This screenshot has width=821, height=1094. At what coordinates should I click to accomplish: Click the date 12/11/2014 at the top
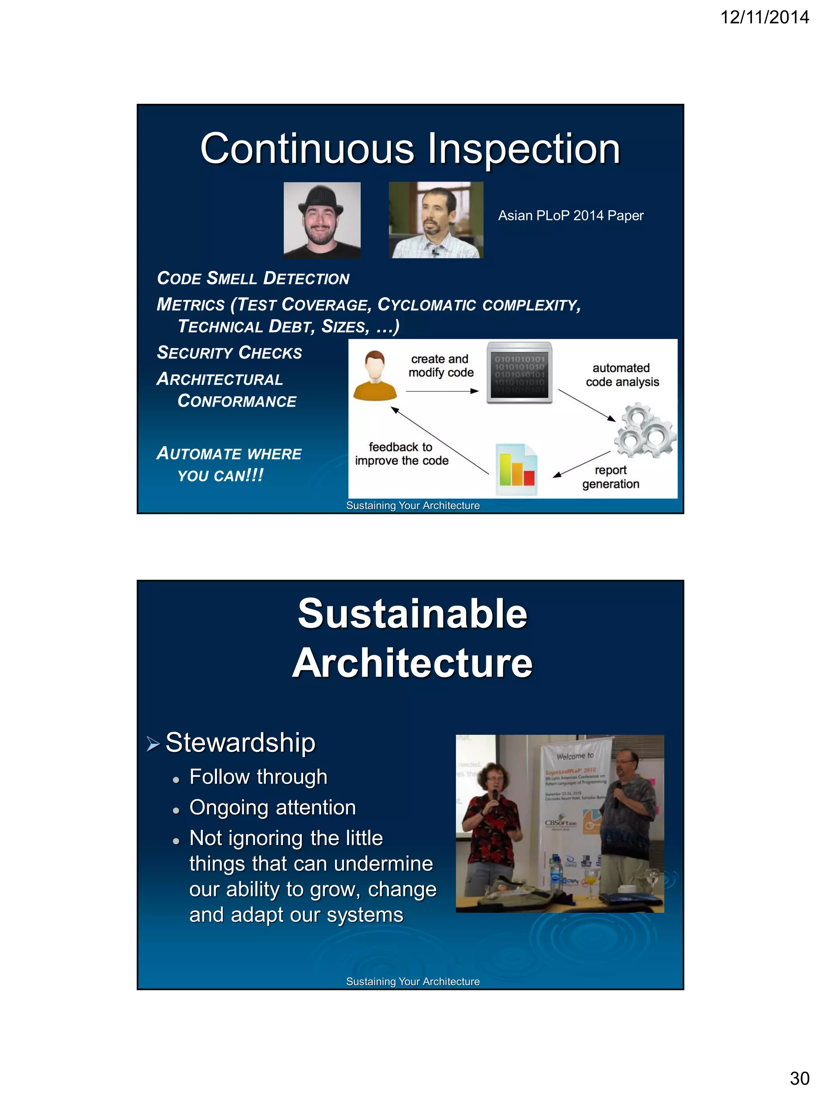(x=764, y=17)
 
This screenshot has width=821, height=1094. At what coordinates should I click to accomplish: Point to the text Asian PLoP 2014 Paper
(x=570, y=216)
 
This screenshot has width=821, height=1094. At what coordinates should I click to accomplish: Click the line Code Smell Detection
(x=253, y=278)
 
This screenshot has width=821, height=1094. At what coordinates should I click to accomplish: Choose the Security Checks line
(x=229, y=353)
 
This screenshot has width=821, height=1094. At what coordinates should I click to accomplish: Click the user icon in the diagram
(x=375, y=375)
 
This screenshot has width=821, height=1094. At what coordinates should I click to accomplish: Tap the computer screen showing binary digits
(x=519, y=372)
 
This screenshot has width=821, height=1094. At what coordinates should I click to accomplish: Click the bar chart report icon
(x=517, y=469)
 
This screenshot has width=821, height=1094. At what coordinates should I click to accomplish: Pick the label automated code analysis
(x=622, y=375)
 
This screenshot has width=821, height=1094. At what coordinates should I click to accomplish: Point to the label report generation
(x=611, y=477)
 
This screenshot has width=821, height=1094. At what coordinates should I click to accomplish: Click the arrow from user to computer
(x=441, y=391)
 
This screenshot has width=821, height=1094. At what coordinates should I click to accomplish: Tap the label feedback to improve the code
(x=401, y=453)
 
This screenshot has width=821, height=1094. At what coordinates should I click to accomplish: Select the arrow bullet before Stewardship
(x=153, y=743)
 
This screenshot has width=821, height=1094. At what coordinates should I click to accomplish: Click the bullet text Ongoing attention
(x=272, y=807)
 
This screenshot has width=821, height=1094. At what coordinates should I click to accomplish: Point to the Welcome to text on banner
(x=574, y=756)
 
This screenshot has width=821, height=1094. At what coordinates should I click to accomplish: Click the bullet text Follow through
(x=258, y=776)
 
